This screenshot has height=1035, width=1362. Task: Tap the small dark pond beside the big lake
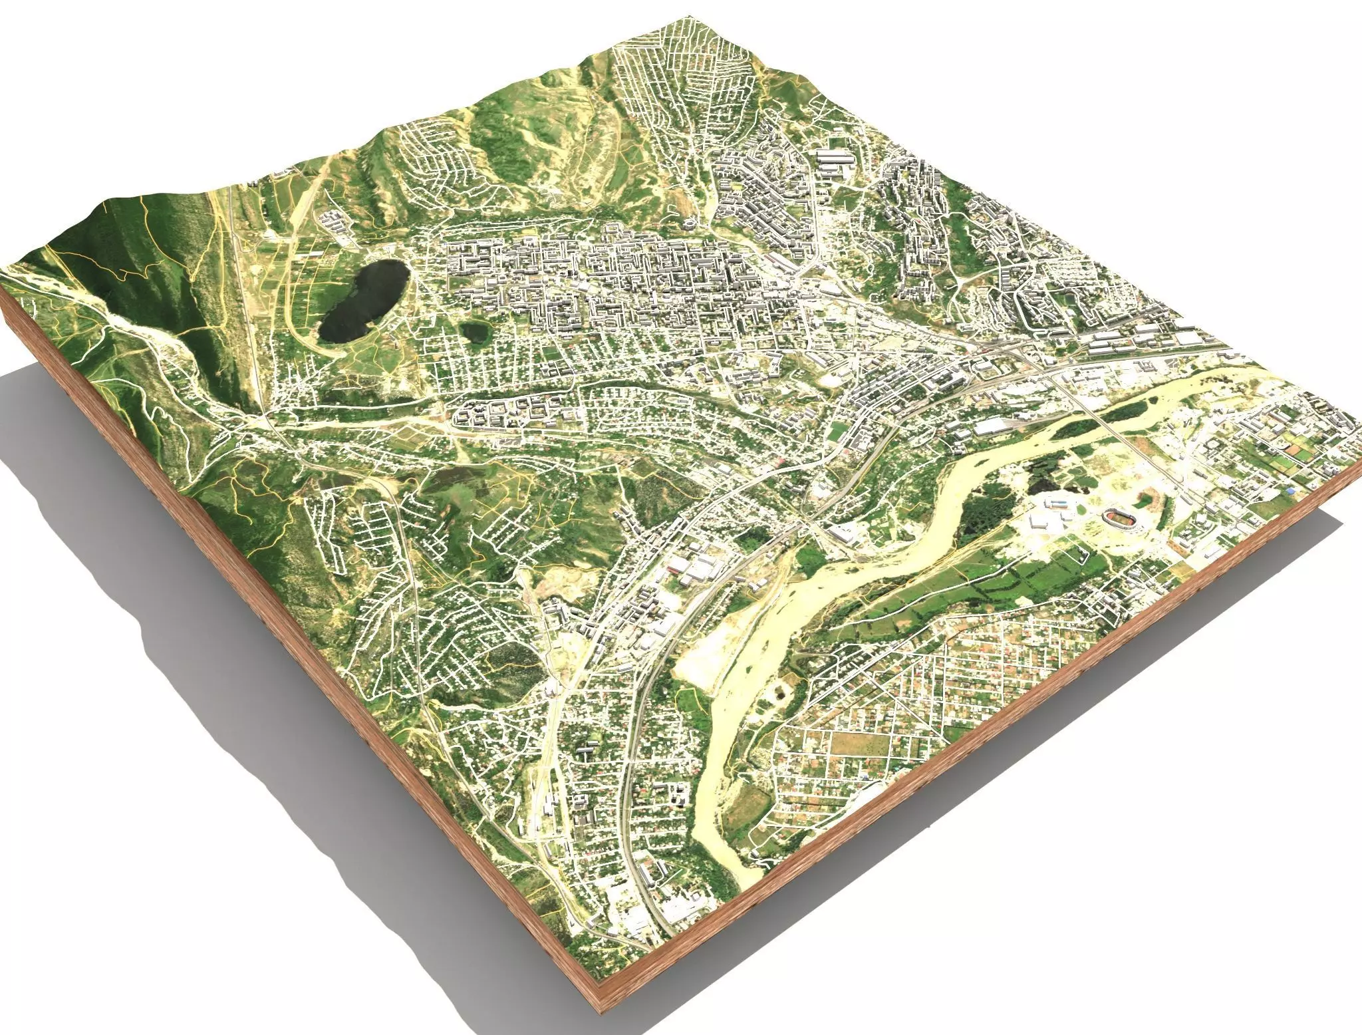(474, 331)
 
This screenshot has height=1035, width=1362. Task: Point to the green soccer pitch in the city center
(835, 432)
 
